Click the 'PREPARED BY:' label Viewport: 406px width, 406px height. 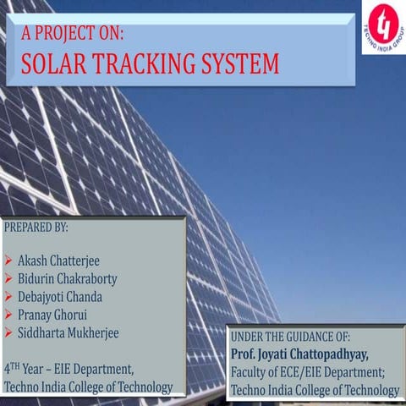click(36, 228)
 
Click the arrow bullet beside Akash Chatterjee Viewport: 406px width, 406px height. click(8, 261)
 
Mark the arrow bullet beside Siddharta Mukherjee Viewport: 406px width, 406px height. click(8, 334)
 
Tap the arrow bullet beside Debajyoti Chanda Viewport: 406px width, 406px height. click(8, 298)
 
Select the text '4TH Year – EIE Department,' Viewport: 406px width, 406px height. click(69, 369)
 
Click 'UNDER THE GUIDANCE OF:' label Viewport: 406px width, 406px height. click(290, 337)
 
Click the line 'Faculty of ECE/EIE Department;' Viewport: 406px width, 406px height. click(308, 372)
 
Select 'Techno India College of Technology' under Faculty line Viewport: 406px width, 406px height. click(315, 390)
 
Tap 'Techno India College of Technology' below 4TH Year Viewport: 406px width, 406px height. click(88, 387)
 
